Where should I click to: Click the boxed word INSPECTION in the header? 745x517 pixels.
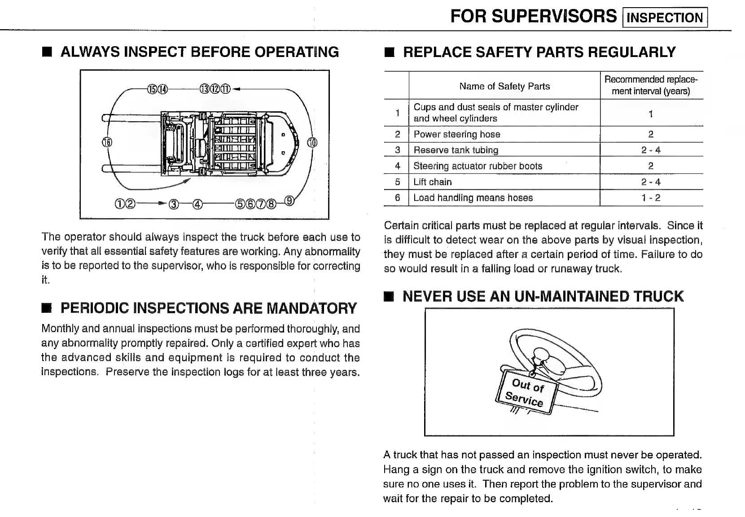[665, 18]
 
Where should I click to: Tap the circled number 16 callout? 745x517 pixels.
[107, 143]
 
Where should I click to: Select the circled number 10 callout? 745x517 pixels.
[312, 143]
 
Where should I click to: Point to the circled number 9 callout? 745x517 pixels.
[290, 200]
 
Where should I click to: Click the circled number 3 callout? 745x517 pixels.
[174, 204]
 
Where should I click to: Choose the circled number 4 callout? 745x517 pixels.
[197, 204]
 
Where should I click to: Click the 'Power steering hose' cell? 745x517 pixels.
[457, 134]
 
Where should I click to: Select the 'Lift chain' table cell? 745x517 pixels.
[433, 182]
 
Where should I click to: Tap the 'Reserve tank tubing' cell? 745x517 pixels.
[456, 150]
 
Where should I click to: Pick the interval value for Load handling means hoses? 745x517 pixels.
[651, 198]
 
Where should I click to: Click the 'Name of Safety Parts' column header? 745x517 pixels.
[504, 86]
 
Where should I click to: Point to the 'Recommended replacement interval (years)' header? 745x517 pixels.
[651, 85]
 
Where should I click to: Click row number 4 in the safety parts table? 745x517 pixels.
[397, 166]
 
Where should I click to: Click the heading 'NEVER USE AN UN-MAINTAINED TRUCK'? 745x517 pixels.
[543, 296]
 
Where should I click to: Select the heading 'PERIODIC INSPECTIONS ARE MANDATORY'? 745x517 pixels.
[208, 308]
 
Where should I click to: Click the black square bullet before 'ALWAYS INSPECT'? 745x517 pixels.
[46, 53]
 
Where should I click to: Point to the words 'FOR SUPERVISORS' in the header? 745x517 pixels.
[533, 17]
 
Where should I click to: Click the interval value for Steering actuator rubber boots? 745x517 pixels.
[651, 166]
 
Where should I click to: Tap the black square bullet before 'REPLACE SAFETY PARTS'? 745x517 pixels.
[389, 53]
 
